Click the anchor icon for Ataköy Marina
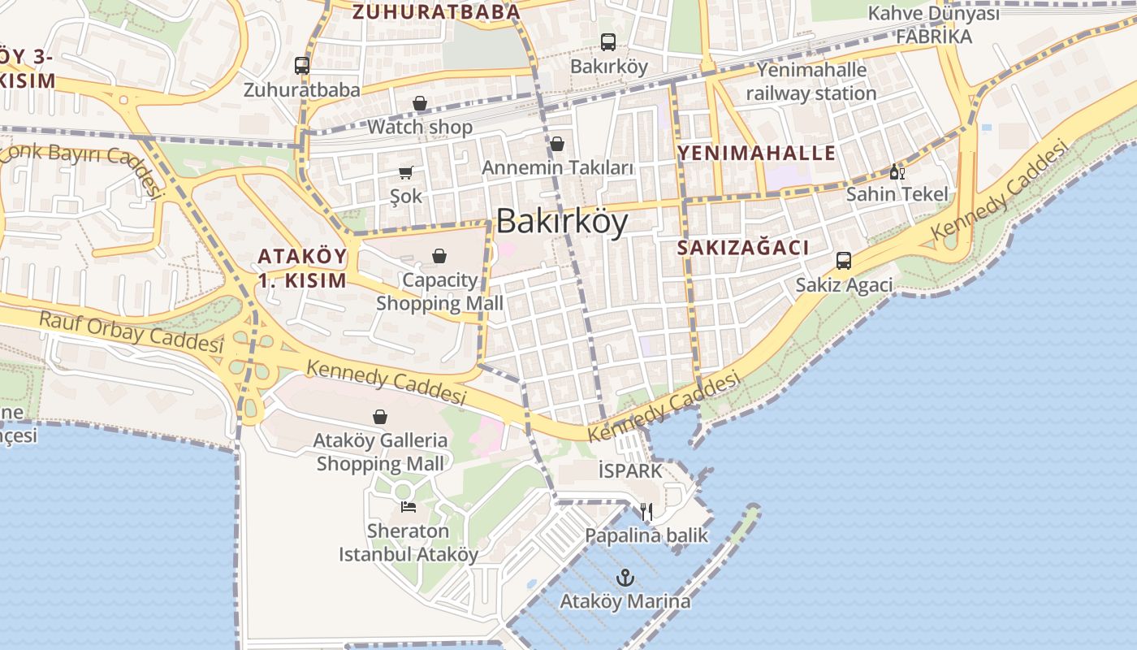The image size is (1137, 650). pyautogui.click(x=625, y=578)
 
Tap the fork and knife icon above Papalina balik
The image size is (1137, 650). pyautogui.click(x=646, y=512)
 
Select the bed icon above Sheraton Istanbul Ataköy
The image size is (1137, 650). pyautogui.click(x=409, y=507)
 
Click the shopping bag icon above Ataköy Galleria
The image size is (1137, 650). pyautogui.click(x=380, y=417)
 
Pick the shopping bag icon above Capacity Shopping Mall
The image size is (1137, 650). pyautogui.click(x=439, y=256)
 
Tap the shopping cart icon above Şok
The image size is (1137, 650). pyautogui.click(x=406, y=172)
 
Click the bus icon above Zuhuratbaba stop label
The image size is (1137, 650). pyautogui.click(x=302, y=66)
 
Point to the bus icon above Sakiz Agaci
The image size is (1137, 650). pyautogui.click(x=844, y=261)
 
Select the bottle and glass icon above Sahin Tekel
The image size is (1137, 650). pyautogui.click(x=897, y=171)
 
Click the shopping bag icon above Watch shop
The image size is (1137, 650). pyautogui.click(x=420, y=103)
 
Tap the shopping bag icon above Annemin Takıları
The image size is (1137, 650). pyautogui.click(x=557, y=144)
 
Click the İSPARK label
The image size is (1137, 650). pyautogui.click(x=629, y=470)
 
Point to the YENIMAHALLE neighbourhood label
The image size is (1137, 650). pyautogui.click(x=757, y=153)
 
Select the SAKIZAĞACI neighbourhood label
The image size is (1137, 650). pyautogui.click(x=743, y=248)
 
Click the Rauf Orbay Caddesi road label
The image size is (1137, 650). pyautogui.click(x=131, y=331)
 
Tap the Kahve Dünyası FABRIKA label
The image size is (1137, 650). pyautogui.click(x=933, y=25)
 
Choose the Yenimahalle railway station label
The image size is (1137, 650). pyautogui.click(x=811, y=81)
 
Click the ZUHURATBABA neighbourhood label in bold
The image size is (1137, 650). pyautogui.click(x=436, y=11)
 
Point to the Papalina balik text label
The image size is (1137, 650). pyautogui.click(x=646, y=535)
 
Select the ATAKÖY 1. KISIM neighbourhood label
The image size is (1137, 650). pyautogui.click(x=302, y=268)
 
